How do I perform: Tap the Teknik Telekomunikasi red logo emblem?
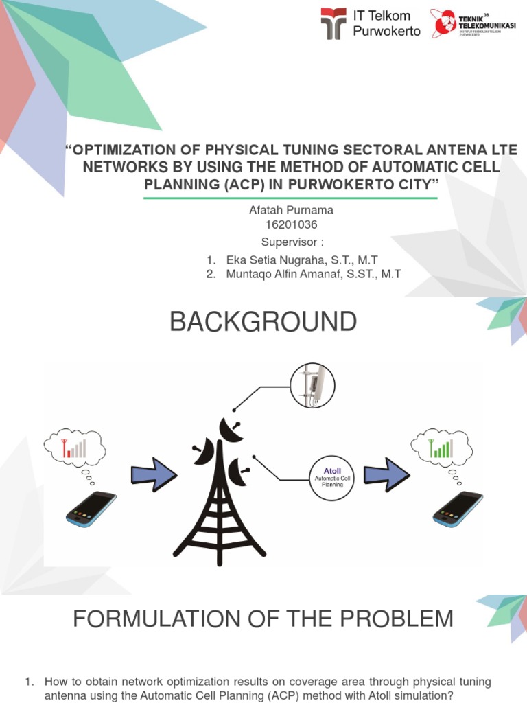click(x=443, y=23)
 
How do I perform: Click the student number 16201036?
click(x=292, y=224)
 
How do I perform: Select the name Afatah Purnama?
click(x=291, y=210)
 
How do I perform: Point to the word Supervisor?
click(x=289, y=242)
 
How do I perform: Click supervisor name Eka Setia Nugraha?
click(x=301, y=260)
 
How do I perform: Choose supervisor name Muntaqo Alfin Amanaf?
click(x=314, y=275)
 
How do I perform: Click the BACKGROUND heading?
click(x=263, y=321)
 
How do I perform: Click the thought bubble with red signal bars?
click(x=75, y=448)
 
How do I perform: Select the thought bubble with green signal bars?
click(x=442, y=448)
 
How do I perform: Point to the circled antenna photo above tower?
click(x=312, y=385)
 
